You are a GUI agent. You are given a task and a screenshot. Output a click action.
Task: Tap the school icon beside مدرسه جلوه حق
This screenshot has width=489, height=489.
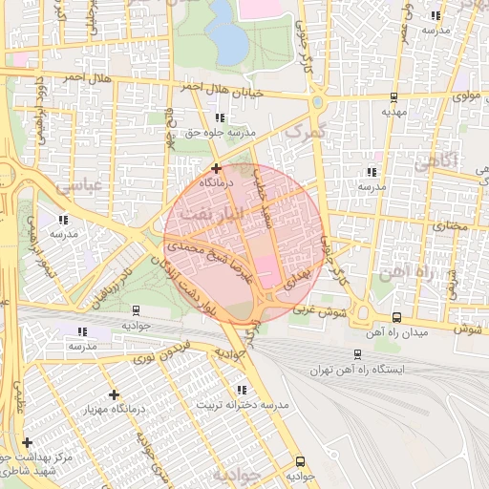[221, 117]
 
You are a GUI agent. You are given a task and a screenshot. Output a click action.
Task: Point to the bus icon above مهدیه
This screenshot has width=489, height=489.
[394, 97]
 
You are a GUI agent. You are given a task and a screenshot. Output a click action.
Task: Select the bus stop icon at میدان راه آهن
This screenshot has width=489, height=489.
[396, 317]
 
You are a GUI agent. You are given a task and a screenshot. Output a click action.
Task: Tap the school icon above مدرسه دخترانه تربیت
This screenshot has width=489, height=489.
[241, 390]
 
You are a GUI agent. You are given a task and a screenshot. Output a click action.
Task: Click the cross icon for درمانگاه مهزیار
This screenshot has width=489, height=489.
[114, 394]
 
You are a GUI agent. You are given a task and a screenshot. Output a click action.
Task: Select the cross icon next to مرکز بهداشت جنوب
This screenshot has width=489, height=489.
[27, 442]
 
